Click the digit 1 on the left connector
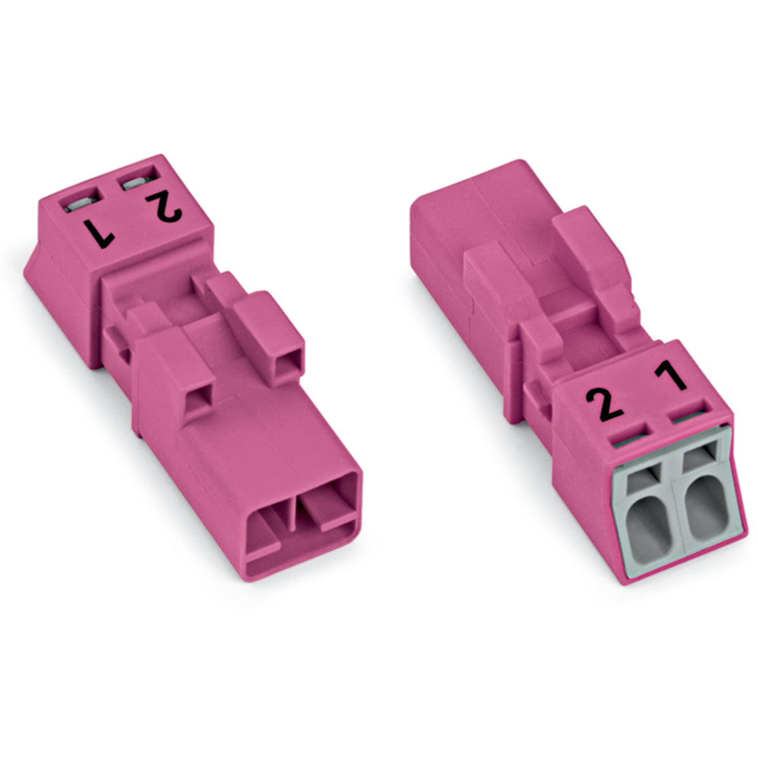[x=99, y=233]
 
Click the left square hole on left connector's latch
[x=198, y=402]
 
